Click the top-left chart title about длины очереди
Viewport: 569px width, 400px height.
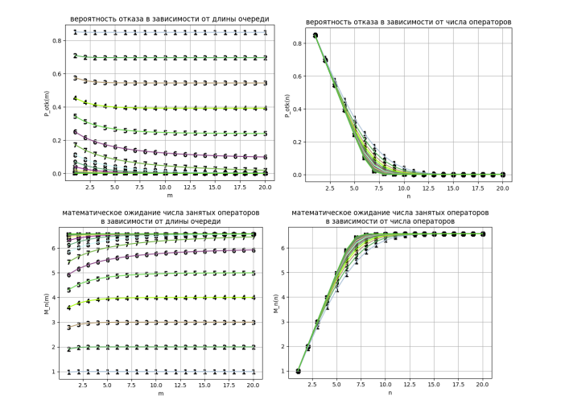[169, 19]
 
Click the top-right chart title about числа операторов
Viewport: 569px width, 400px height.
[400, 21]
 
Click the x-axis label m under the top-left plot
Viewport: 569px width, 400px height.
[170, 195]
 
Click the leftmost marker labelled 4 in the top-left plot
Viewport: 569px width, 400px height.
[75, 98]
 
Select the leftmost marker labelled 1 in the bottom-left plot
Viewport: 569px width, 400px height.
[68, 372]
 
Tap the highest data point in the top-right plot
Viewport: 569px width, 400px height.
[315, 35]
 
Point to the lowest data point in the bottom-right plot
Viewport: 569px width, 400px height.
[299, 372]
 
